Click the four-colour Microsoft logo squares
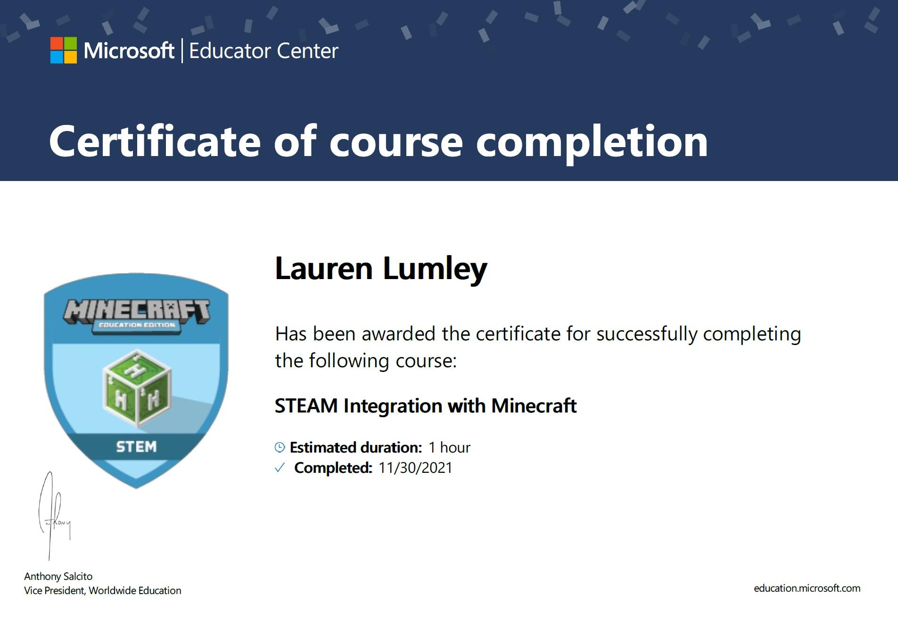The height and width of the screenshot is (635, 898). click(x=64, y=50)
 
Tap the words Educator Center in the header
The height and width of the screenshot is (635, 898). click(x=264, y=51)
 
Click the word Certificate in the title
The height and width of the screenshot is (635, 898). click(x=155, y=141)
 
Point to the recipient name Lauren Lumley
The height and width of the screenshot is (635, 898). click(x=381, y=269)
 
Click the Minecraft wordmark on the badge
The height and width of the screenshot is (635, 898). click(x=137, y=311)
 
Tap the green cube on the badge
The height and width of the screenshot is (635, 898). click(x=137, y=388)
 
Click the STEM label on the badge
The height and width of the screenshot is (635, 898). click(x=136, y=446)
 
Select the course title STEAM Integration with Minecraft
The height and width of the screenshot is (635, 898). click(x=426, y=406)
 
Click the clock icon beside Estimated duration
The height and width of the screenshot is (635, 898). click(x=280, y=447)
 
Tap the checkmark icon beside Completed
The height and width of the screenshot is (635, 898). click(x=280, y=468)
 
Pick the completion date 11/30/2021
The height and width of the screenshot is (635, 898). click(x=415, y=468)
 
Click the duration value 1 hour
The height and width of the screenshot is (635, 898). click(x=449, y=447)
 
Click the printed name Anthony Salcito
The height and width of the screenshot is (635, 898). click(x=58, y=576)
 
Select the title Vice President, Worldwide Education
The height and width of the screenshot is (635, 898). click(x=102, y=590)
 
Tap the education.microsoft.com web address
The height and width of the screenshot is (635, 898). click(x=807, y=588)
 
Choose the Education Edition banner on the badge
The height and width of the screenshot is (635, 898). click(x=137, y=325)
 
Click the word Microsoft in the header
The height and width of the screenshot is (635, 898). click(x=129, y=50)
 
